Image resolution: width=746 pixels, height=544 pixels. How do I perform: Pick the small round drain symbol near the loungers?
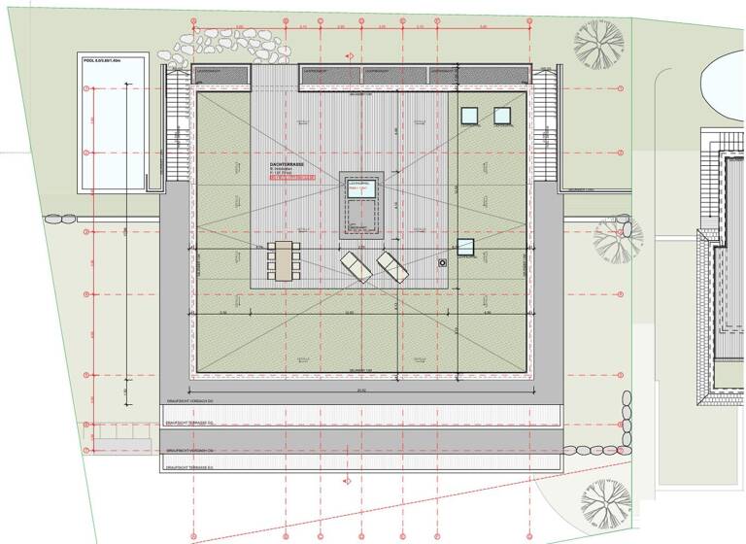click(443, 262)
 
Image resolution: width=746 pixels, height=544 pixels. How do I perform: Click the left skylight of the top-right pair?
click(470, 116)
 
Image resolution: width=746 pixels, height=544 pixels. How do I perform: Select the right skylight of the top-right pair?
click(502, 116)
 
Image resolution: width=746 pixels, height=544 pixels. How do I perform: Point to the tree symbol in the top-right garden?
click(598, 42)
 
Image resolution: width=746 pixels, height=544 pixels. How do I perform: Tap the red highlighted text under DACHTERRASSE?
click(293, 180)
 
